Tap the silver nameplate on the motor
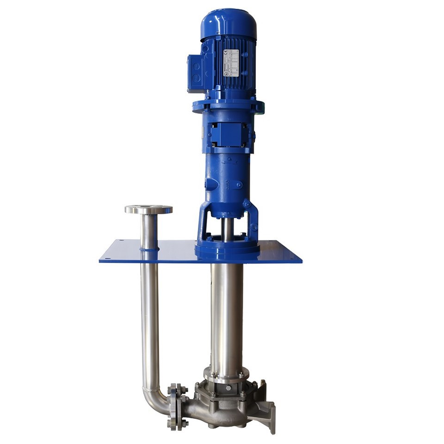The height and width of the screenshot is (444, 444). click(x=231, y=62)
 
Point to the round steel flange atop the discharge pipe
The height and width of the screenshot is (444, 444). click(x=148, y=210)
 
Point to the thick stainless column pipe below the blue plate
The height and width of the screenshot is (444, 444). click(x=227, y=314)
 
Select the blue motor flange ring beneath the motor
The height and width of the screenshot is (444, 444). click(x=228, y=106)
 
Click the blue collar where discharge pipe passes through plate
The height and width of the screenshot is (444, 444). click(x=149, y=250)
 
